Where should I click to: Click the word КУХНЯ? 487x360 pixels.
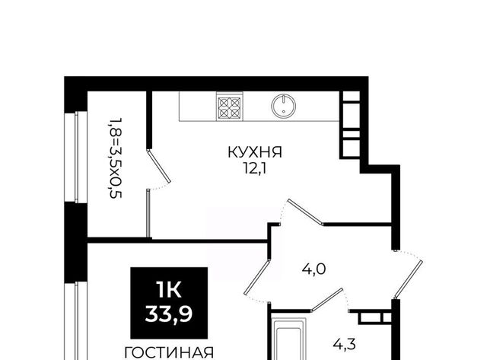pos(255,153)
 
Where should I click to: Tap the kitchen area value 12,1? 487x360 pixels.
pos(255,170)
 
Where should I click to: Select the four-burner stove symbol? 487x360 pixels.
pos(230,107)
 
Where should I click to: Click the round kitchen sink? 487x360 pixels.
pos(284,106)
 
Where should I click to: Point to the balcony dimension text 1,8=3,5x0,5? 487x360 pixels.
pos(115,158)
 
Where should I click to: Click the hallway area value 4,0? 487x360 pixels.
pos(314,269)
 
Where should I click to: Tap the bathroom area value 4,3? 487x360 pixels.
pos(344,345)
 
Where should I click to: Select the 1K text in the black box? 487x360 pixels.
pos(169,291)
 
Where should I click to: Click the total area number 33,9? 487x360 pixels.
pos(169,314)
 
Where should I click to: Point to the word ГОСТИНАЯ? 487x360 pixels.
pos(169,353)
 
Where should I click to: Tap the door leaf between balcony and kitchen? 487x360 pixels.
pos(158,166)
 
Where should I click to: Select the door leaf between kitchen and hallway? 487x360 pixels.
pos(304,212)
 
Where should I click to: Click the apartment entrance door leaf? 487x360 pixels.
pos(409,278)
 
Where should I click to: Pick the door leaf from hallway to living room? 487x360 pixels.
pos(256,277)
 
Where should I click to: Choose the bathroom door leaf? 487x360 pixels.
pos(327,299)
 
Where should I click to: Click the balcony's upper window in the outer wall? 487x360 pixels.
pos(76,157)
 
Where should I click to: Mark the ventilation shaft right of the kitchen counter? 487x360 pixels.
pos(349,125)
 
